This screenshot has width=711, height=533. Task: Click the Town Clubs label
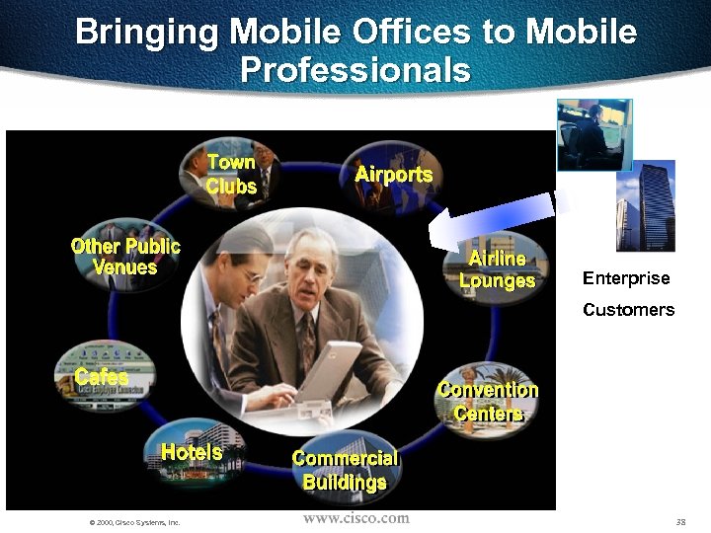click(231, 174)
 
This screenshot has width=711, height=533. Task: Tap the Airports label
click(393, 175)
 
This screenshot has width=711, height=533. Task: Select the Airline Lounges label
click(497, 269)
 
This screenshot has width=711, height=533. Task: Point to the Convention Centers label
click(488, 402)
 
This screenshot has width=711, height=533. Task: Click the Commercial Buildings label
click(345, 471)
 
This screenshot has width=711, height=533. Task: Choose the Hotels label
click(192, 453)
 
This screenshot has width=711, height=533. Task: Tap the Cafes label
click(102, 377)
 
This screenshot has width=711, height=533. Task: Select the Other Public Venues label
click(125, 257)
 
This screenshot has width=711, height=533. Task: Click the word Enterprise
click(626, 278)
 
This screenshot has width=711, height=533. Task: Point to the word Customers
click(628, 310)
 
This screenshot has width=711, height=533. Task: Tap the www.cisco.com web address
click(355, 518)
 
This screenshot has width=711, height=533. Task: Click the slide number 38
click(680, 521)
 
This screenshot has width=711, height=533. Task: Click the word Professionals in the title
click(355, 70)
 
